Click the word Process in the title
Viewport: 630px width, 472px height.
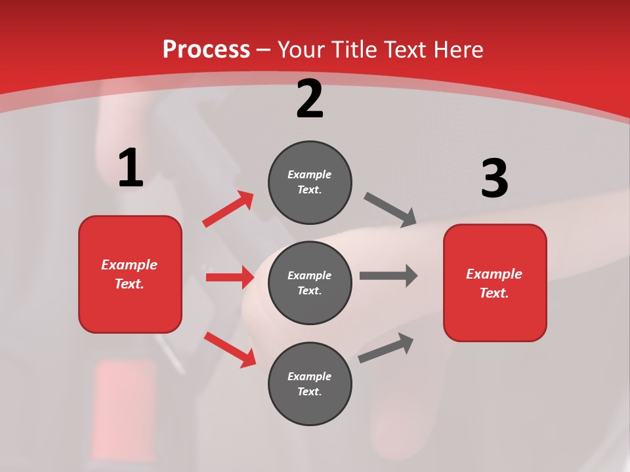click(206, 49)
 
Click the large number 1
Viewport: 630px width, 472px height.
click(131, 168)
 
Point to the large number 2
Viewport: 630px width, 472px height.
click(310, 99)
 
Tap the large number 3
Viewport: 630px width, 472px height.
click(494, 178)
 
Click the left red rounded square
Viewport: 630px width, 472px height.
click(130, 274)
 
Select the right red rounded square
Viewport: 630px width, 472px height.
click(495, 283)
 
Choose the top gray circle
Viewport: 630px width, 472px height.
click(310, 182)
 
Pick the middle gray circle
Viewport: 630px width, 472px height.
click(310, 283)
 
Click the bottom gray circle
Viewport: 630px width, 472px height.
click(310, 383)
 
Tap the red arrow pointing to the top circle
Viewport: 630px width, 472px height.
click(228, 209)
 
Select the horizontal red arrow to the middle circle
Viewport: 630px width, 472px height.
click(230, 277)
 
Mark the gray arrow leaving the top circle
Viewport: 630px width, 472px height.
click(390, 210)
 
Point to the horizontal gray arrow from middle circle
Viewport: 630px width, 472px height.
click(388, 275)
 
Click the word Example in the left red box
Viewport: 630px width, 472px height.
click(129, 265)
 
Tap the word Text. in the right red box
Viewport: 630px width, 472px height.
click(494, 292)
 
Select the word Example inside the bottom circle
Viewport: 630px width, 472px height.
click(310, 376)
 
